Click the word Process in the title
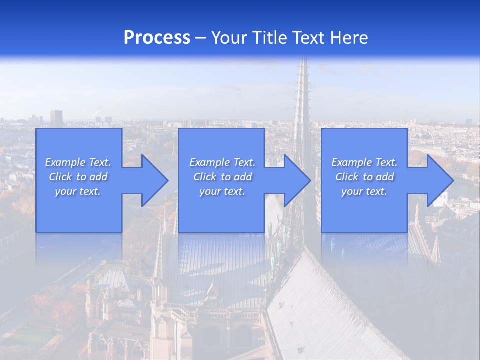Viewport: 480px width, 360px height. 157,38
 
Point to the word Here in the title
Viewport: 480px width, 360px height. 350,38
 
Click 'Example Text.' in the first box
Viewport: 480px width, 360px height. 78,162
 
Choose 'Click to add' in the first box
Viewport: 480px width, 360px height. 78,177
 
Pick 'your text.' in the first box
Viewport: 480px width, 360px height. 78,191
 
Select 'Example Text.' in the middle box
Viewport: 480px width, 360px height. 222,162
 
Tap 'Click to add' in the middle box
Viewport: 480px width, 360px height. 222,177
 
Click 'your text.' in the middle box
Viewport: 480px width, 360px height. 222,191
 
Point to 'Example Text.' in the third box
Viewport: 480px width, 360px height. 364,162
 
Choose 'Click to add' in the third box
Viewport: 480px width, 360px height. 364,177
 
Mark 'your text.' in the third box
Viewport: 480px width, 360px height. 364,191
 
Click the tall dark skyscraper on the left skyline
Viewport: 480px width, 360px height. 56,118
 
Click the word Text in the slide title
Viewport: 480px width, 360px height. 311,38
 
